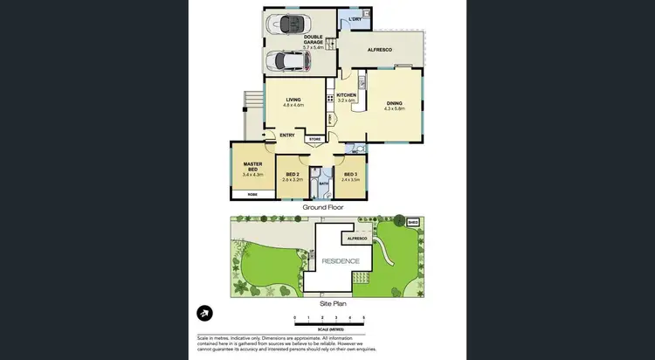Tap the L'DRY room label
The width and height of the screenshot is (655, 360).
click(355, 19)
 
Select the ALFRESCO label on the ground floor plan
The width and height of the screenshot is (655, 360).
click(379, 51)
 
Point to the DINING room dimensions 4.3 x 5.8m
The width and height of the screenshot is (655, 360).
click(394, 108)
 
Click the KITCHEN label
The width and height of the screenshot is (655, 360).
click(347, 94)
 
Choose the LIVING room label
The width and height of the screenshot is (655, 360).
click(293, 100)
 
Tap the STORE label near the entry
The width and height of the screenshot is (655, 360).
click(314, 139)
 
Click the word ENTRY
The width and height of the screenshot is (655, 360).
click(287, 135)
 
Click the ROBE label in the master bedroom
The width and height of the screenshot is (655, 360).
click(252, 194)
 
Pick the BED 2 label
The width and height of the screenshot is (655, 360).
click(293, 175)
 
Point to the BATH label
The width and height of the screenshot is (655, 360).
click(323, 183)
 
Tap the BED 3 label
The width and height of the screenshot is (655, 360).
click(350, 175)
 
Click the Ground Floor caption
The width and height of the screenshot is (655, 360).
click(323, 208)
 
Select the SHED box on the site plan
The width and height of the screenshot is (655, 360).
click(413, 223)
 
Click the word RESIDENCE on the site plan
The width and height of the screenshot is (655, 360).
click(340, 261)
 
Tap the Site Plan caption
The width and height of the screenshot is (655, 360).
click(333, 302)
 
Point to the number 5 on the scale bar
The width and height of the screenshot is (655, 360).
click(363, 317)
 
